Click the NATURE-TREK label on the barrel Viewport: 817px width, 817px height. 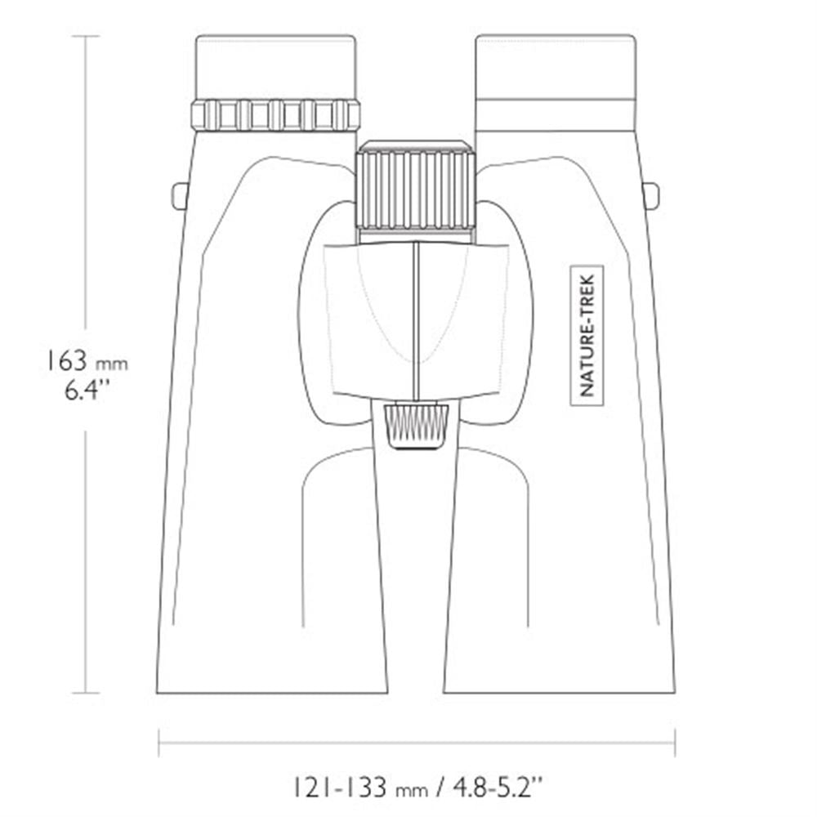click(587, 336)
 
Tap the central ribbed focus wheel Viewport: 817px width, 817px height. click(415, 190)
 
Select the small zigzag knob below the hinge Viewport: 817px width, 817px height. click(417, 425)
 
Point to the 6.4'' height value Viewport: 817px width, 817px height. click(87, 390)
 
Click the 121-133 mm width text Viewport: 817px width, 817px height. click(360, 788)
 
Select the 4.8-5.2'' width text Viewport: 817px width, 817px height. click(498, 788)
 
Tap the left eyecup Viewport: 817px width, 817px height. click(275, 67)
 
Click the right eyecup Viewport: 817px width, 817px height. click(556, 67)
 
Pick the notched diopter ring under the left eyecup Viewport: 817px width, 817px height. click(275, 114)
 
